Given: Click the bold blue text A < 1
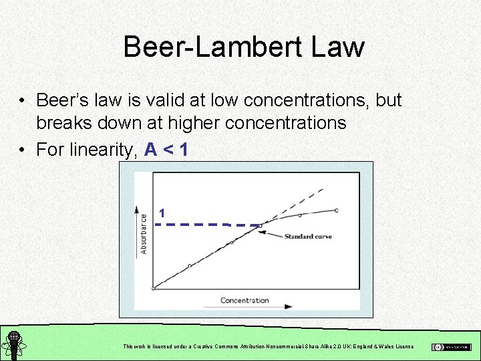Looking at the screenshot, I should pos(166,149).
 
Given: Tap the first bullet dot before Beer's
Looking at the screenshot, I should pos(23,101).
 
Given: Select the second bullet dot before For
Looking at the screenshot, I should pos(23,150).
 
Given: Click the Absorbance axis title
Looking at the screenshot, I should pos(144,233).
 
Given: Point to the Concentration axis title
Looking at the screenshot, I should pos(245,300).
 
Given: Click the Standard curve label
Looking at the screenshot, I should pos(308,237).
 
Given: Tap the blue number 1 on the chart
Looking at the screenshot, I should pos(162,213).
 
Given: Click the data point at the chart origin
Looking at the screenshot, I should pos(154,288).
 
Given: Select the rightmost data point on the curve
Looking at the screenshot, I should pos(337,211).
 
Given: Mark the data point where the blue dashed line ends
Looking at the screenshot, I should pos(261,225).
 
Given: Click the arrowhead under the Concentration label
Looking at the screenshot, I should pos(288,307).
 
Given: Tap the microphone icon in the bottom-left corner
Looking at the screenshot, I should pos(12,344).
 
